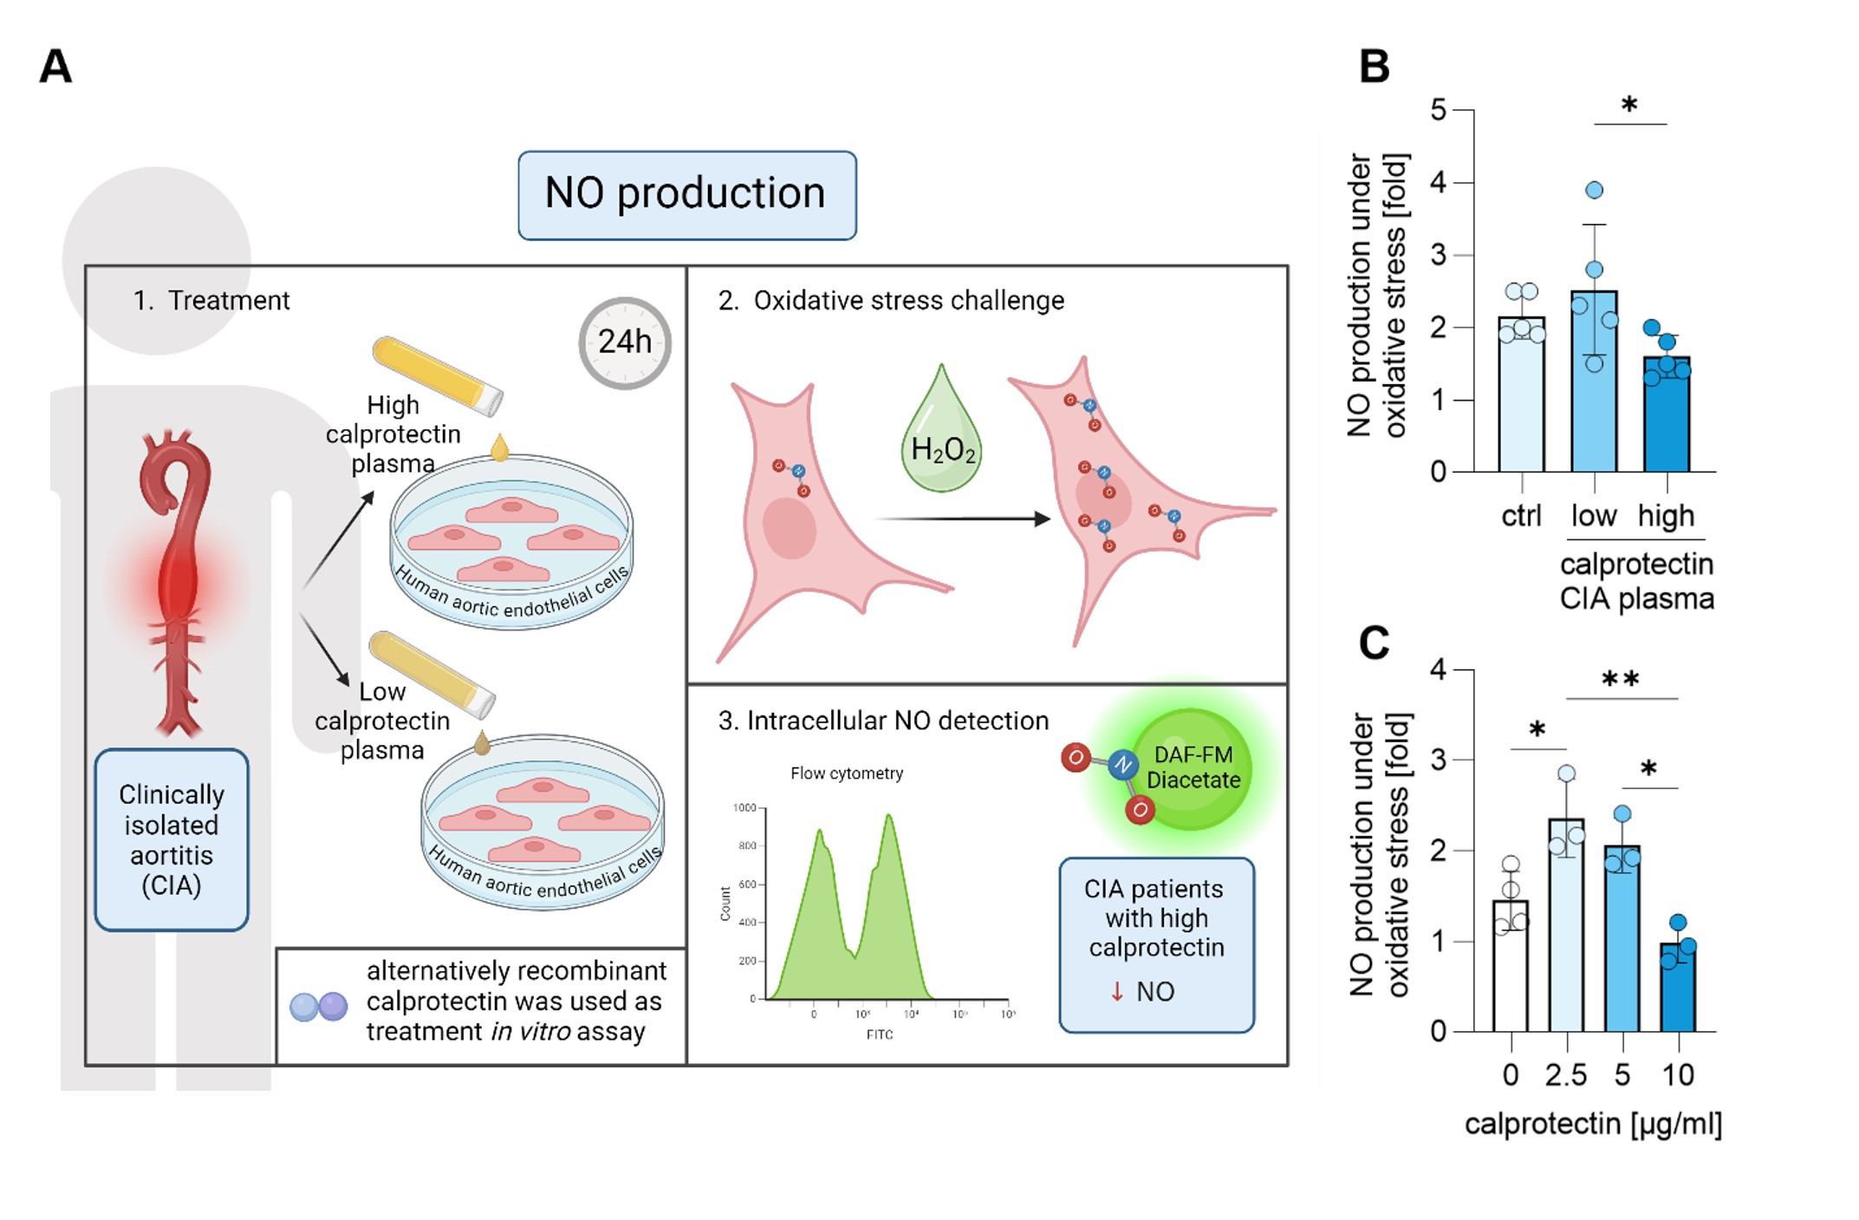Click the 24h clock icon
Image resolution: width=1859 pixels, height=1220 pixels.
tap(624, 343)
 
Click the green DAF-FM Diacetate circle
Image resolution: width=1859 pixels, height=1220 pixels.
tap(1192, 768)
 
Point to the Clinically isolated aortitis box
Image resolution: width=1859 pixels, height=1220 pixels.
tap(172, 839)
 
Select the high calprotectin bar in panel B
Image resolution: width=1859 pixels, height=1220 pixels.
tap(1666, 416)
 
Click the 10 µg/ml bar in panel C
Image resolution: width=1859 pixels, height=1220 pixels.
tap(1678, 988)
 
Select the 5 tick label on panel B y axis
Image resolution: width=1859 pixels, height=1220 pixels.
tap(1439, 110)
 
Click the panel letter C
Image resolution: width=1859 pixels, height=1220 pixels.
tap(1375, 643)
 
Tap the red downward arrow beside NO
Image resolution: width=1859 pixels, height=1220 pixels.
tap(1117, 991)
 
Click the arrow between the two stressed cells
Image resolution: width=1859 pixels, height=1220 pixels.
tap(962, 519)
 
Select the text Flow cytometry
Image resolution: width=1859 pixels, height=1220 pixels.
tap(847, 773)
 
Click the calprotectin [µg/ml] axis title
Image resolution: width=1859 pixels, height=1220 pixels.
tap(1593, 1124)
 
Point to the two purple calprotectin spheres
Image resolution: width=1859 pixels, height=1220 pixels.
tap(318, 1006)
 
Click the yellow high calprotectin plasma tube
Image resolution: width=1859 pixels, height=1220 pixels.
tap(438, 375)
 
